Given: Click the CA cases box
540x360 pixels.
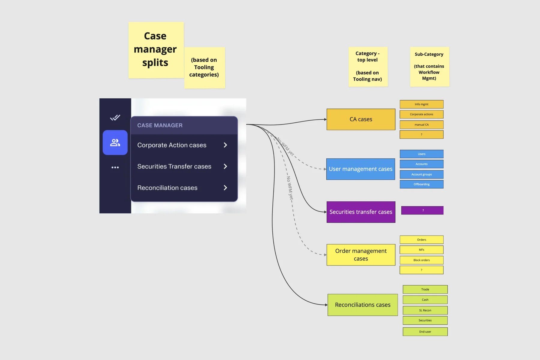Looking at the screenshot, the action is [361, 119].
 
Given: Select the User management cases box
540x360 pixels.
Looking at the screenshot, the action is [361, 169].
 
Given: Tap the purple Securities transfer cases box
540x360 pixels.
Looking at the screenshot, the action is [361, 212].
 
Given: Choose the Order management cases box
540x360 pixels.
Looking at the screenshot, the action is [361, 255].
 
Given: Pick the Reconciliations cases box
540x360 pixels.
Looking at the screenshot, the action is [363, 305].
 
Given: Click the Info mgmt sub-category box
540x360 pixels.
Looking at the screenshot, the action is [421, 104].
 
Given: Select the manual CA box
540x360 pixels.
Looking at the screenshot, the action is [421, 124].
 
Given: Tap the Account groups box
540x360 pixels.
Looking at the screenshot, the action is [421, 174].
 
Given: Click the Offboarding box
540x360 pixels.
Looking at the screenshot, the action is [421, 184].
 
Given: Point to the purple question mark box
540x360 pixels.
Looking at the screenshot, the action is [422, 210].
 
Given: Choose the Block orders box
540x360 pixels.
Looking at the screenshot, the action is [421, 260].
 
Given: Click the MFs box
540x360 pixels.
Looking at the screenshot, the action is [421, 250].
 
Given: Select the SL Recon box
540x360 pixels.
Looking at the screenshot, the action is [425, 310].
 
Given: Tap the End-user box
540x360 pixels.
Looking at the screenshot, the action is [425, 332].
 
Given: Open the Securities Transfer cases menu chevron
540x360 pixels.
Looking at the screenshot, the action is [226, 166].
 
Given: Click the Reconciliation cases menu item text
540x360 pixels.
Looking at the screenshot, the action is [167, 188].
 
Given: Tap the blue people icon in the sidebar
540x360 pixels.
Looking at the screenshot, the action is [115, 142].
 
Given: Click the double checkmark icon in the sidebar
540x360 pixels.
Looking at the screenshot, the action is [115, 117].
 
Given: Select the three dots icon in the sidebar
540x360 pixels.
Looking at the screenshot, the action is [115, 167].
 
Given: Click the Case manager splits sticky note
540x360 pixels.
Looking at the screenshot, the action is [156, 50].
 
